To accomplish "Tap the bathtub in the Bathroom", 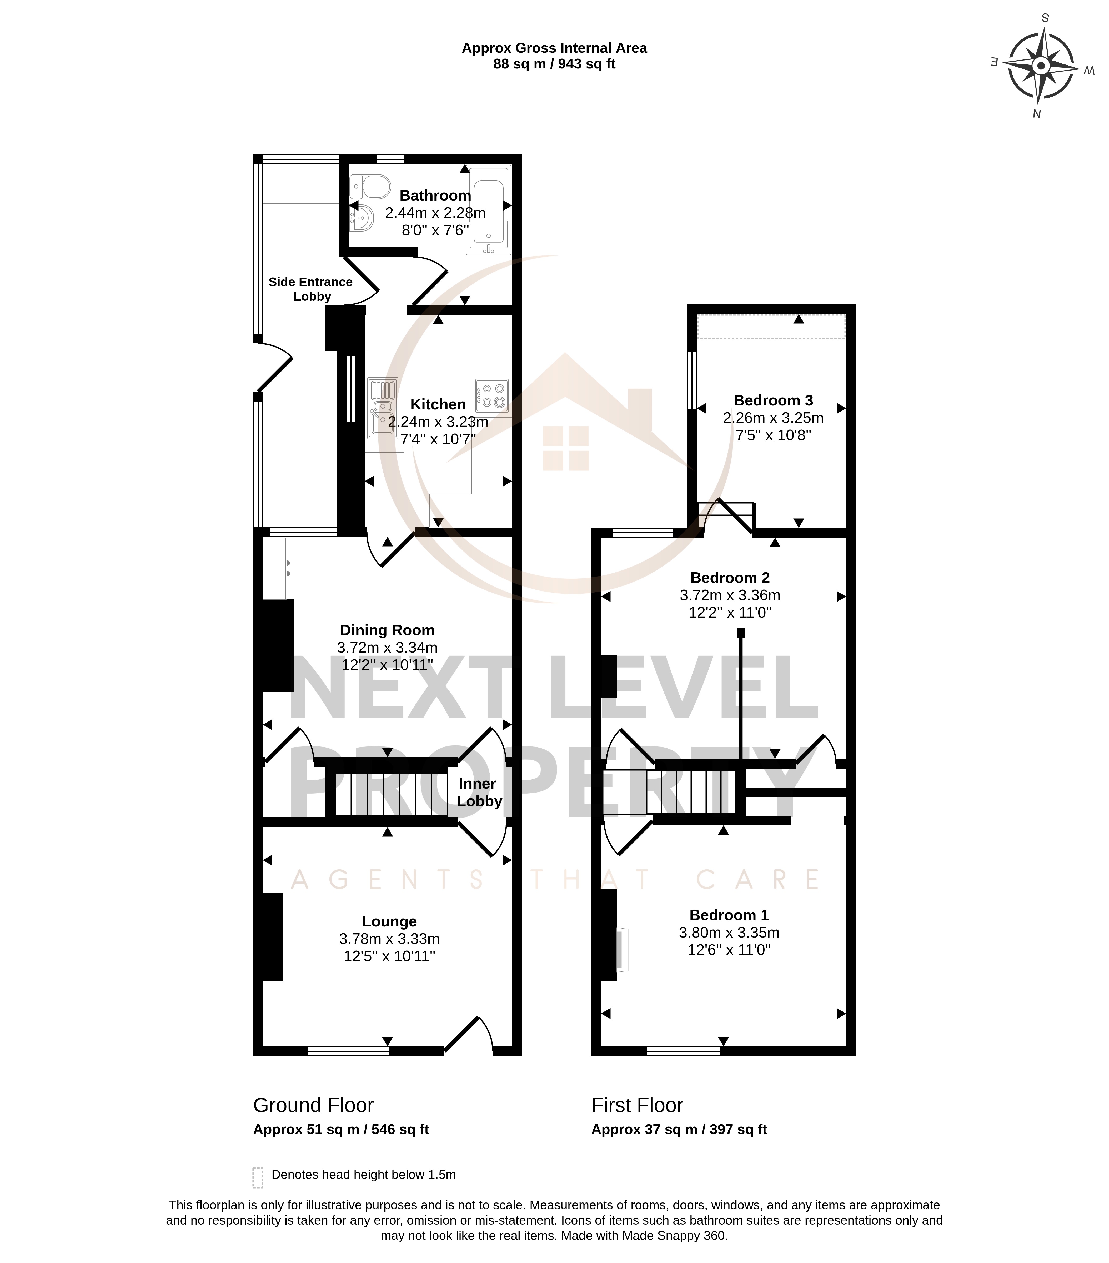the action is [x=489, y=209].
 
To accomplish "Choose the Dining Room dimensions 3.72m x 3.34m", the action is [x=387, y=648].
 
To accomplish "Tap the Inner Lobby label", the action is [x=479, y=792].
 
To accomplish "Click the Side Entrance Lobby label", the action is [x=311, y=289].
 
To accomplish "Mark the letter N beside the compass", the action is [x=1037, y=114].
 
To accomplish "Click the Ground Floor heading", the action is [x=313, y=1105].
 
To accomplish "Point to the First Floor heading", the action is [x=637, y=1105].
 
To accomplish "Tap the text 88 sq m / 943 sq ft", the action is [x=554, y=64].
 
